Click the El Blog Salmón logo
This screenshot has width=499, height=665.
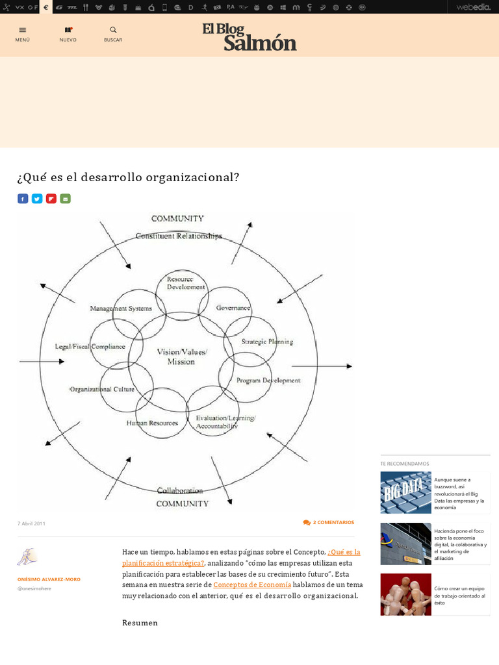tap(249, 36)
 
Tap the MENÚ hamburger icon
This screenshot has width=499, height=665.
tap(23, 30)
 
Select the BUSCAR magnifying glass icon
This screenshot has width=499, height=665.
tap(113, 30)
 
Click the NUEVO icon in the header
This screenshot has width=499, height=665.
tap(68, 30)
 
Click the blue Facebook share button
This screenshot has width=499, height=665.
tap(23, 199)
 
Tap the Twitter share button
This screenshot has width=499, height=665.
tap(37, 199)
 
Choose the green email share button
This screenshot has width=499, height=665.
tap(65, 199)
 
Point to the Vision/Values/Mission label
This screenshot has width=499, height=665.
tap(181, 357)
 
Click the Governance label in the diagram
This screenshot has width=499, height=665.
tap(233, 308)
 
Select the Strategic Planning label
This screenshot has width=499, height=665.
tap(267, 342)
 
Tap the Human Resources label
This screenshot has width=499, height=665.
tap(152, 423)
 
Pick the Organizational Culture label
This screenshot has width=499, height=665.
tap(102, 390)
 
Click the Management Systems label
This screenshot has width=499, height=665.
tap(121, 308)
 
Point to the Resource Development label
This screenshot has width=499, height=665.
tap(186, 283)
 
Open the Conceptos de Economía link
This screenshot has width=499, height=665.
tap(252, 584)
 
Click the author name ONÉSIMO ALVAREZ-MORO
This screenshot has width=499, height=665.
tap(49, 579)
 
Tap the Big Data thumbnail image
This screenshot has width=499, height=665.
tap(405, 492)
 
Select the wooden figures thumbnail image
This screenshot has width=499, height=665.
tap(405, 594)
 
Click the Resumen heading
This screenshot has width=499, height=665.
tap(140, 623)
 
